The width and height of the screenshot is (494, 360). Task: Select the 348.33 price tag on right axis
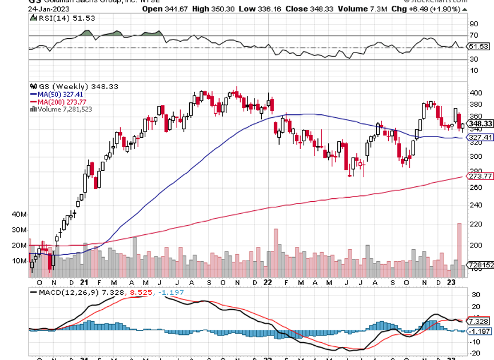pos(480,124)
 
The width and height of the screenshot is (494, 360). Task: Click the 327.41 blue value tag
pos(480,138)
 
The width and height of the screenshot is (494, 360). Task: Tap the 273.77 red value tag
pos(480,177)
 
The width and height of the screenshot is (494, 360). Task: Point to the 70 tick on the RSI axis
pos(473,35)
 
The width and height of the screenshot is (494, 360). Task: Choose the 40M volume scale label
pos(19,214)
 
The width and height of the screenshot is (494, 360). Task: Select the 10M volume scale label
pos(19,261)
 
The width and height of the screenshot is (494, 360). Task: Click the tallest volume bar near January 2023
pos(459,246)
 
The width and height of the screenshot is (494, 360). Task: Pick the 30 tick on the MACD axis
pos(474,294)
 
